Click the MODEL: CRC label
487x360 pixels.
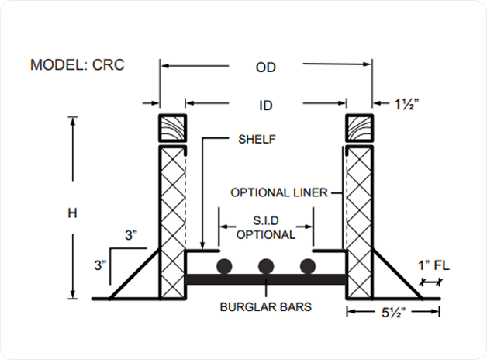tap(77, 64)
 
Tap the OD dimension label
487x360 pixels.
tap(266, 67)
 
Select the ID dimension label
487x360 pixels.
tap(266, 104)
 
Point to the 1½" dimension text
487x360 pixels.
tap(410, 104)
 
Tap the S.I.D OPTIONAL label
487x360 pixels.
tap(266, 228)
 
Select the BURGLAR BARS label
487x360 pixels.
tap(266, 306)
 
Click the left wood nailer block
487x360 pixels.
tap(173, 128)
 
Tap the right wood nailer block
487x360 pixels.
tap(360, 128)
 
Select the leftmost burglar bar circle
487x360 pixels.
tap(225, 267)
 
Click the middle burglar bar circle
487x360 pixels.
tap(266, 267)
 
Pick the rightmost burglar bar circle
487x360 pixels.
tap(308, 267)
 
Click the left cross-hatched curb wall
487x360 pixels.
tap(173, 221)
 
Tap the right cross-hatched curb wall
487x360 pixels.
tap(360, 221)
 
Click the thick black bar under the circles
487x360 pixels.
tap(266, 279)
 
